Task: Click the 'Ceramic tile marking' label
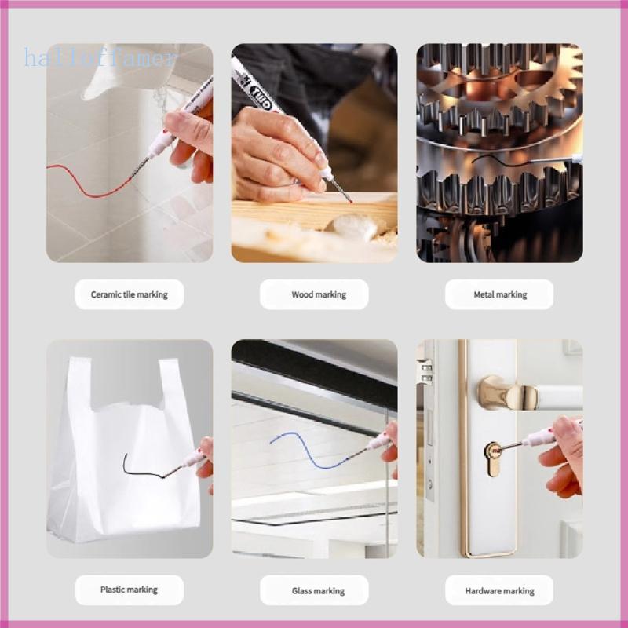click(x=129, y=294)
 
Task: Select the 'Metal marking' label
click(x=499, y=294)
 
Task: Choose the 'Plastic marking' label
click(x=129, y=590)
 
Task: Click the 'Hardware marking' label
click(x=499, y=590)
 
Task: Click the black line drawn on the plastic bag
click(x=141, y=473)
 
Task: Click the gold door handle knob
click(x=506, y=393)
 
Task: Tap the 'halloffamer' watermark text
click(x=100, y=57)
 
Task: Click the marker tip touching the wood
click(x=350, y=200)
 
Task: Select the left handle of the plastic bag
click(x=80, y=385)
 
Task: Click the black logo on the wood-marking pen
click(x=261, y=98)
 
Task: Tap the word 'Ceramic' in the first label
click(x=106, y=294)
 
